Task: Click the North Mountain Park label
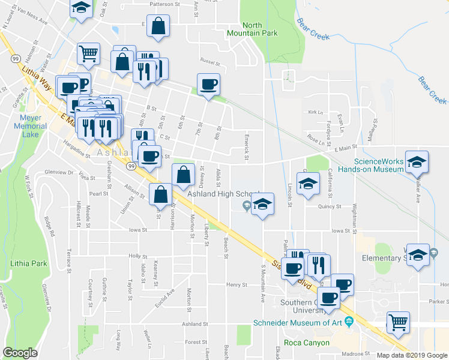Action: click(260, 29)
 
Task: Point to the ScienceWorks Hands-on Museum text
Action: click(378, 165)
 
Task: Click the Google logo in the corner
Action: click(20, 352)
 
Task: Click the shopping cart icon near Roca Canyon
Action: click(398, 322)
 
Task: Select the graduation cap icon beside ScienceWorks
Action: click(417, 162)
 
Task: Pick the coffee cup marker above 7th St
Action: click(208, 85)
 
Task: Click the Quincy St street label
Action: click(330, 206)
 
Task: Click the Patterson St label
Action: click(164, 4)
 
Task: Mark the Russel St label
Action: click(207, 61)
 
